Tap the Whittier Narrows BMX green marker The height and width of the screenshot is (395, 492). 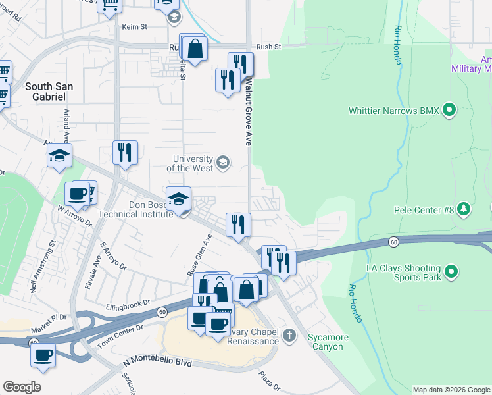(450, 110)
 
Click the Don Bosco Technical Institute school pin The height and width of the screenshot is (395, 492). (178, 199)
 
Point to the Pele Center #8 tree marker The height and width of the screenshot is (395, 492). (464, 209)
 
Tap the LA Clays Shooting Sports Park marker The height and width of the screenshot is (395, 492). (451, 271)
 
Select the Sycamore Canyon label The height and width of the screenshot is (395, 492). (326, 342)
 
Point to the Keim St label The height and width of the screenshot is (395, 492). (134, 27)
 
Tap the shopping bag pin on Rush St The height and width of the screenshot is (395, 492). (195, 48)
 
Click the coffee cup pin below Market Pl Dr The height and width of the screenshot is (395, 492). (43, 355)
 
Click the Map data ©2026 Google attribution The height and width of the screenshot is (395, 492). (451, 390)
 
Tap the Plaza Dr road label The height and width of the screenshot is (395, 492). (269, 379)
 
